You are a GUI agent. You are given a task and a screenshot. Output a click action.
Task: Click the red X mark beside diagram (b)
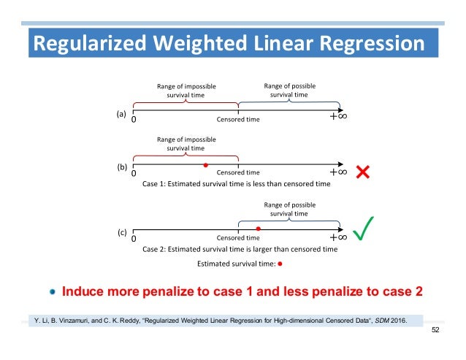click(362, 172)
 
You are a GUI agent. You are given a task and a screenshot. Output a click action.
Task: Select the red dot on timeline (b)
click(206, 165)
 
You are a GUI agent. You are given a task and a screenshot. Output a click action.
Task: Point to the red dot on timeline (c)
click(258, 229)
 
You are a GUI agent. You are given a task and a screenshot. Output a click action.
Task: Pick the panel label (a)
click(121, 113)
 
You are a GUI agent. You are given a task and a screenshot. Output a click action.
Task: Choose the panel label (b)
click(122, 167)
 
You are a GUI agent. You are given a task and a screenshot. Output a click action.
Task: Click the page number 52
click(436, 332)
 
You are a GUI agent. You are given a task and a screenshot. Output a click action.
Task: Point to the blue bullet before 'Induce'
click(53, 291)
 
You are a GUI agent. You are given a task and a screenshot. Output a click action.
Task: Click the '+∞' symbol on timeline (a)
click(337, 117)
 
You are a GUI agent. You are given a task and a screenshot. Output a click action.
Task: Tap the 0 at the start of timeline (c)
click(134, 238)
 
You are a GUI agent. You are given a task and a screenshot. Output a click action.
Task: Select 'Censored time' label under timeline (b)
click(238, 173)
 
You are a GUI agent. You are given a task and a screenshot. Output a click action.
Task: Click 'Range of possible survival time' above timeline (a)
click(289, 90)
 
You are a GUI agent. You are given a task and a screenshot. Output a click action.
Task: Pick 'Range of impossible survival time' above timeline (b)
click(186, 143)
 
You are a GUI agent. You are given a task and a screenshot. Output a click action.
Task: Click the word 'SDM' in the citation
click(380, 319)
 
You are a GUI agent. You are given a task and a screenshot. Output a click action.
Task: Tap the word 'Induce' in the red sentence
click(84, 291)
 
